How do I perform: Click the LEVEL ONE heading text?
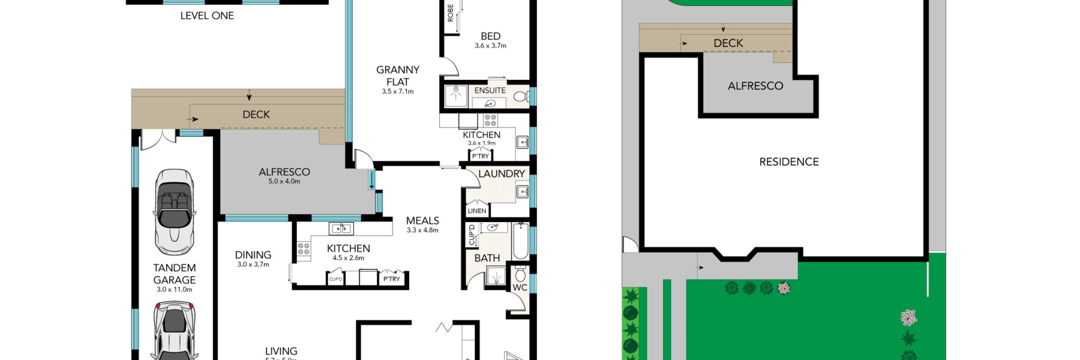[x=207, y=16]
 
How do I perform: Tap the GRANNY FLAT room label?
[x=398, y=76]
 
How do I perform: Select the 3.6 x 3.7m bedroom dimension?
[x=490, y=46]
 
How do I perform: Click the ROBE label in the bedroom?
[x=451, y=13]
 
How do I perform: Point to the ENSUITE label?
[x=490, y=91]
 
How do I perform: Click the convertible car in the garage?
[x=174, y=211]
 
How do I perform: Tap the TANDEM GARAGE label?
[x=174, y=274]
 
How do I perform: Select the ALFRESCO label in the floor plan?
[x=284, y=172]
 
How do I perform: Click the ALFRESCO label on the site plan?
[x=755, y=86]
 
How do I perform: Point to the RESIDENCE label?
[x=789, y=162]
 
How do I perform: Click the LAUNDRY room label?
[x=502, y=174]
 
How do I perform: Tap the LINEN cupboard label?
[x=477, y=211]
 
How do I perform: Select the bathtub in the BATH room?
[x=520, y=240]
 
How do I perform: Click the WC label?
[x=520, y=288]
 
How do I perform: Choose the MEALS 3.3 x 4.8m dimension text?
[x=422, y=230]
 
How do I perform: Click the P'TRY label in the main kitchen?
[x=391, y=279]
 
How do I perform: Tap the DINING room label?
[x=253, y=255]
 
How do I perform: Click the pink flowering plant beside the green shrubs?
[x=784, y=288]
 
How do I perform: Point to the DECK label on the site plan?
[x=728, y=43]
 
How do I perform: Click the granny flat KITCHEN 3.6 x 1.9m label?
[x=482, y=138]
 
